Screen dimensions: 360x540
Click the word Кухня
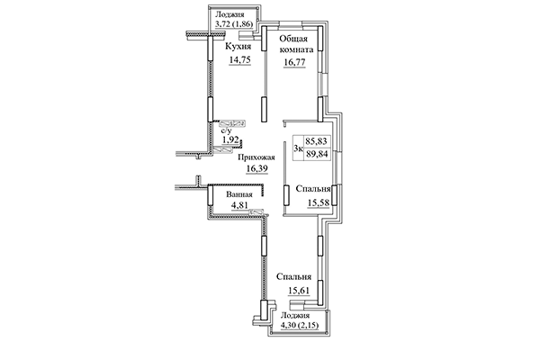[x=238, y=45]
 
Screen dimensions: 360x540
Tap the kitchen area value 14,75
[x=238, y=62]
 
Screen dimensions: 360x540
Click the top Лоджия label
[x=231, y=15]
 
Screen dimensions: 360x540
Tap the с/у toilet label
[x=229, y=130]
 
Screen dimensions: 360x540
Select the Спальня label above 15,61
[x=294, y=276]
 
